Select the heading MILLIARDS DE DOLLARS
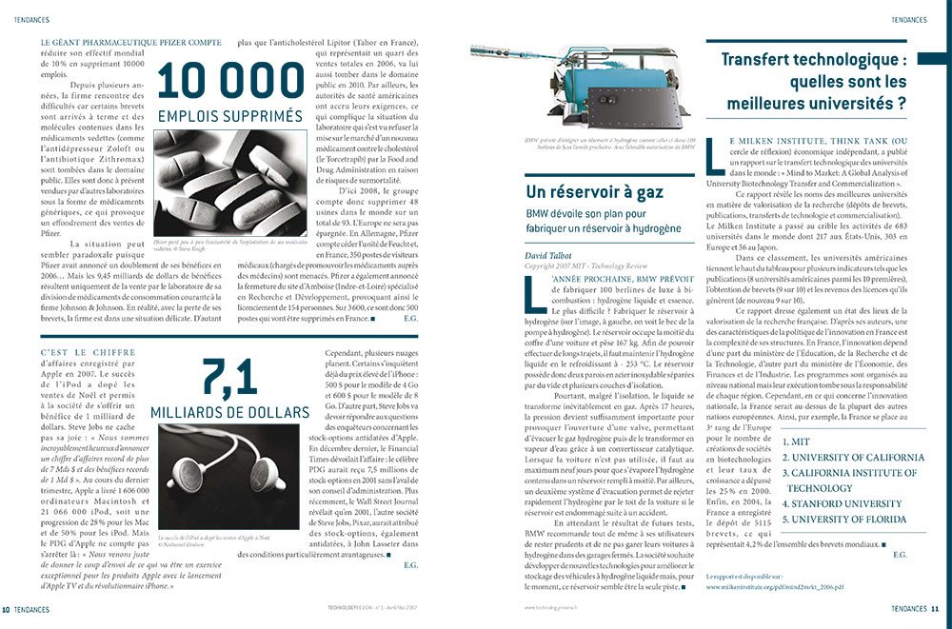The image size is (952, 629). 230,412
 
